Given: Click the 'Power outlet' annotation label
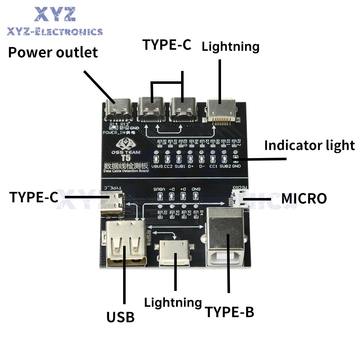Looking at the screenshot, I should pyautogui.click(x=53, y=53).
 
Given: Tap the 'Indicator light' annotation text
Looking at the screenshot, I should pyautogui.click(x=309, y=145).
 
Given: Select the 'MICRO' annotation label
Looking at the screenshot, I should pyautogui.click(x=304, y=198).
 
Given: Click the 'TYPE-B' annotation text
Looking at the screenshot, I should pyautogui.click(x=229, y=312).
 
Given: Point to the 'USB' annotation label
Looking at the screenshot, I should pyautogui.click(x=120, y=317).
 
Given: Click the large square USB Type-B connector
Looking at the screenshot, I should pyautogui.click(x=226, y=238).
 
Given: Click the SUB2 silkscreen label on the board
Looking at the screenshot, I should pyautogui.click(x=225, y=167).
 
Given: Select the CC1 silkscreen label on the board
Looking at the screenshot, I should pyautogui.click(x=213, y=167).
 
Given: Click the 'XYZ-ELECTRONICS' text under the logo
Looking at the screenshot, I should pyautogui.click(x=55, y=32).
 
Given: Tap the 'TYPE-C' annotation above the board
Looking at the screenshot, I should pyautogui.click(x=167, y=45).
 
